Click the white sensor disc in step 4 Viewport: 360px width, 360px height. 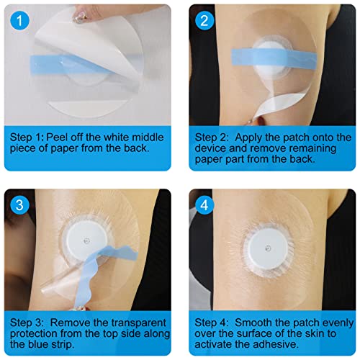(272, 253)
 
